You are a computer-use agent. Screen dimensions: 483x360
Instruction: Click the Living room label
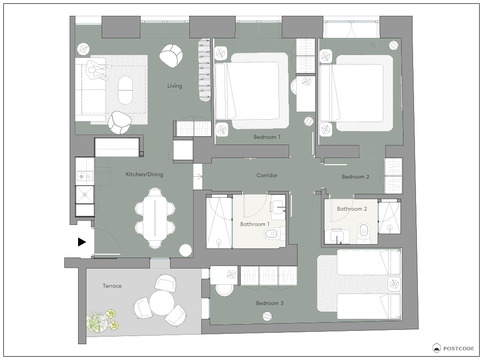174,86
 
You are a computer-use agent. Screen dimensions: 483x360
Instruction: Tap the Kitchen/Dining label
145,174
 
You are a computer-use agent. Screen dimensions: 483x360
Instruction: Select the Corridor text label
267,175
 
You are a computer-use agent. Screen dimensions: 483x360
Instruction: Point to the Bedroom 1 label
267,137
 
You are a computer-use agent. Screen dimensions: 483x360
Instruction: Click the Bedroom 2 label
356,177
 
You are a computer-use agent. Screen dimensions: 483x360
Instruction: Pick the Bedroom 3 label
269,303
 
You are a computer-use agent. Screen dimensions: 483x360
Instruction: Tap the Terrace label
112,286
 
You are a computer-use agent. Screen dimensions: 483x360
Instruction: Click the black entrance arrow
81,242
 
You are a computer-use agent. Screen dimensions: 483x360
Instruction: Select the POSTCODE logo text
459,349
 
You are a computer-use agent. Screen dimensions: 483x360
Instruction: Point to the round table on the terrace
162,303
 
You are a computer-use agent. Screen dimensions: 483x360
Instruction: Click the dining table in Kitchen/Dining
155,218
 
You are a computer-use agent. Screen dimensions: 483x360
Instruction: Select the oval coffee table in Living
125,90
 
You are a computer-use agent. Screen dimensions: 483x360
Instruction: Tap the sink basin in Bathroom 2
337,237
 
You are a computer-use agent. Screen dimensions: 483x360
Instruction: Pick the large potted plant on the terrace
97,322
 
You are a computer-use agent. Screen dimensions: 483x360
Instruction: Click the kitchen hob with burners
85,176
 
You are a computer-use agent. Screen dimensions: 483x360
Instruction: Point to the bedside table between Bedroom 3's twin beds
395,284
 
